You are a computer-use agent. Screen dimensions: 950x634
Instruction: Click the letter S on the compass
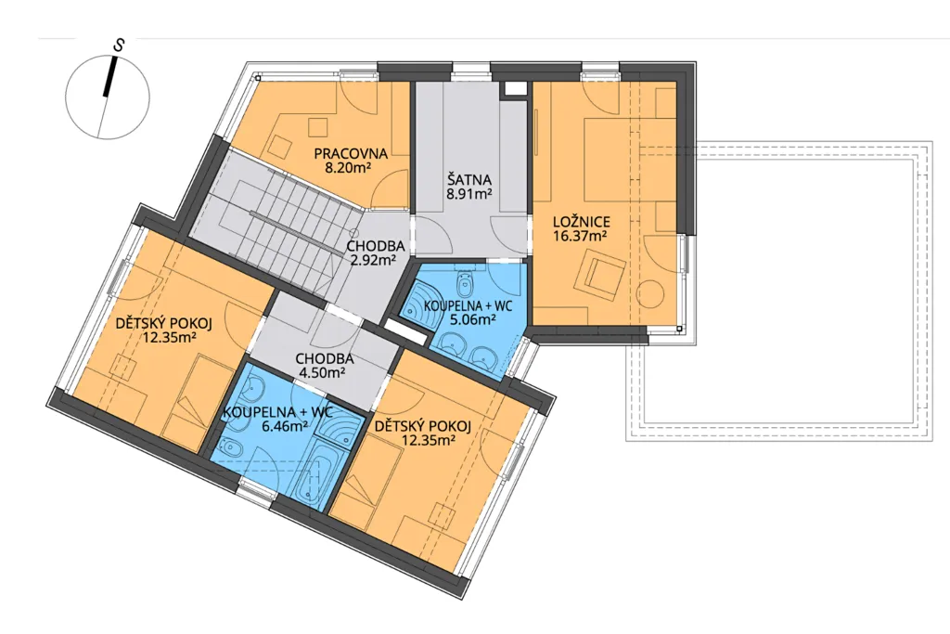coord(121,45)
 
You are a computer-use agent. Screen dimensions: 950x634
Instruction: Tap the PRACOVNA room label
coord(351,154)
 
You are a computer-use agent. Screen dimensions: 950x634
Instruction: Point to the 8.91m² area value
coord(469,194)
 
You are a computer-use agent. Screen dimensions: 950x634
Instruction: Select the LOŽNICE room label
coord(582,222)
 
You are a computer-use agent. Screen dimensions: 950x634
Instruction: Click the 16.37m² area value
coord(582,236)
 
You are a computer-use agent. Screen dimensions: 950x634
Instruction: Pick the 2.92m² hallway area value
coord(375,261)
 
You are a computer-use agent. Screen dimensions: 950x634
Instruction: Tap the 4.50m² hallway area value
coord(320,372)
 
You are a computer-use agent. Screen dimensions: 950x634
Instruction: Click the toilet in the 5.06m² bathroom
coord(466,281)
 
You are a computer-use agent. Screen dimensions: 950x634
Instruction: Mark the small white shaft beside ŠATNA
coord(515,89)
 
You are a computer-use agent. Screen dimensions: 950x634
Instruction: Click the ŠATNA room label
coord(469,180)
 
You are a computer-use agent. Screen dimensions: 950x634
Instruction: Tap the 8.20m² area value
coord(348,168)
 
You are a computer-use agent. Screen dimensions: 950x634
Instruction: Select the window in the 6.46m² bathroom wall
coord(254,488)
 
